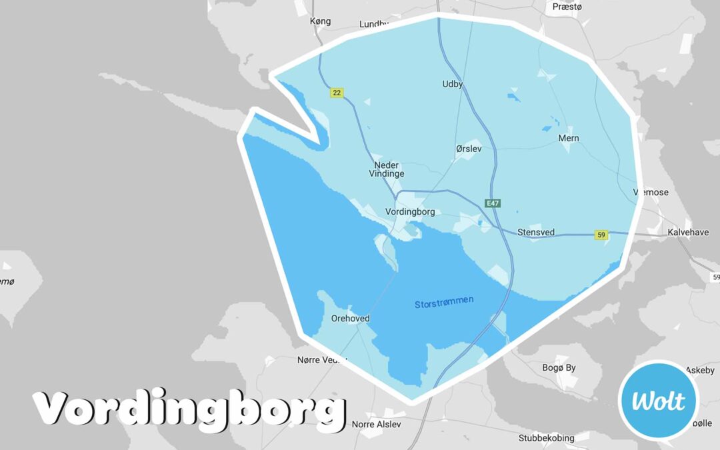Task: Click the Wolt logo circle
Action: (x=658, y=400)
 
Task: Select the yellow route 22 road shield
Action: (x=337, y=93)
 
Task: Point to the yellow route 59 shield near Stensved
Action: (x=601, y=235)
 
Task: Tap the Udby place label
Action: (x=453, y=85)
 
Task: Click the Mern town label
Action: (x=569, y=139)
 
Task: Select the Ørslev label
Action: (x=469, y=149)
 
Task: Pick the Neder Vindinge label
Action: (x=387, y=169)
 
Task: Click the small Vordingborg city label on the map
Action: (x=410, y=212)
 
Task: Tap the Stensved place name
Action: (x=536, y=233)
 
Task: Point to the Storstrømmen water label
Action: (x=444, y=302)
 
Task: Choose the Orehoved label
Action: (x=350, y=319)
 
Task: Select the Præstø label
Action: (x=568, y=7)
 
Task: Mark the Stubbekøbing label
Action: (x=546, y=438)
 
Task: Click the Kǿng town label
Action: (x=320, y=21)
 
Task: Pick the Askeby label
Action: (x=700, y=370)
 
